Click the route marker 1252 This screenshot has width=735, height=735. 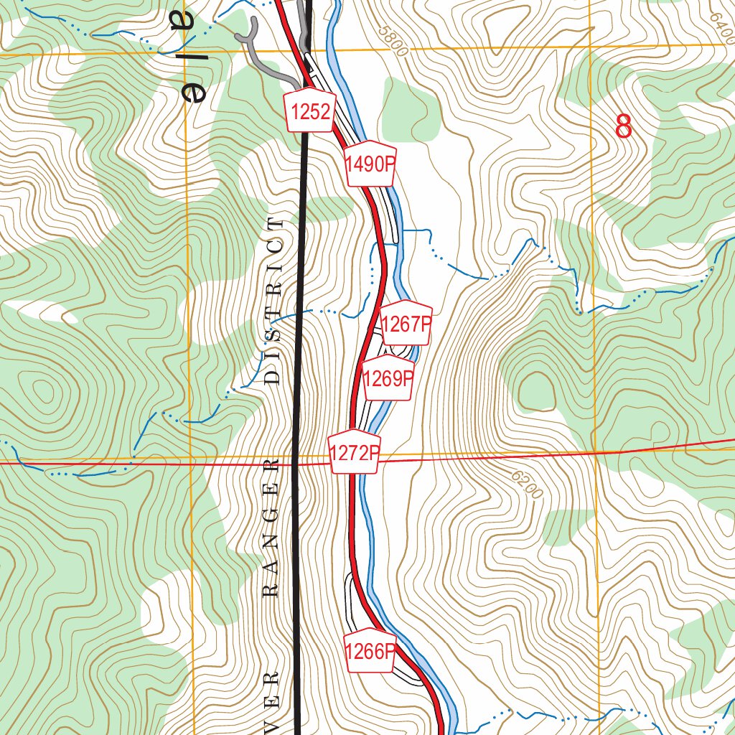(311, 111)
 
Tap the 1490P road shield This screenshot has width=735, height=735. (370, 164)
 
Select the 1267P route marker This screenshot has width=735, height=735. (406, 324)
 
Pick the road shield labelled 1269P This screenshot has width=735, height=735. (388, 378)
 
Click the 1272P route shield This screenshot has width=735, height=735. (354, 453)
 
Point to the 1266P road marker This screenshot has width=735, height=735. (370, 652)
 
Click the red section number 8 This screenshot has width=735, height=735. (624, 127)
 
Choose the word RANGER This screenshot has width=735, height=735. (271, 530)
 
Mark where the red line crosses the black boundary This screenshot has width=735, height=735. (296, 464)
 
